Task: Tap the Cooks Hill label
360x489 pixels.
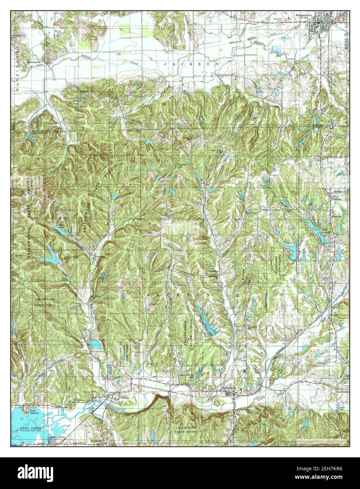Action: tap(182, 166)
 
